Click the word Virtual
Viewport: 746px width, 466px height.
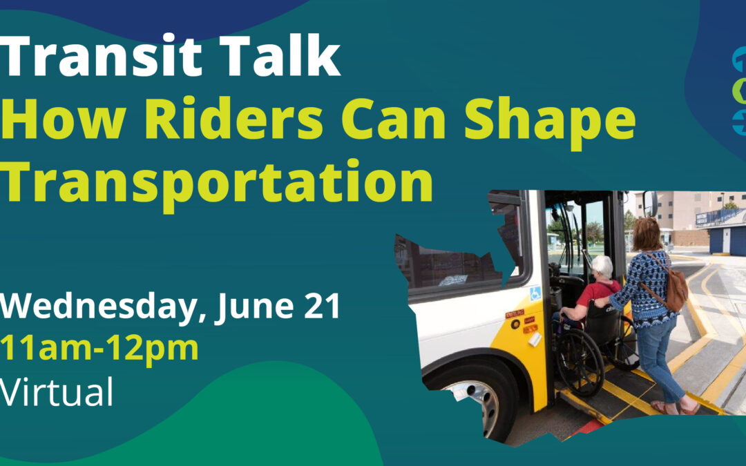tap(57, 391)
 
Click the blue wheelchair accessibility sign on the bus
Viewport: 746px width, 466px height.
tap(535, 293)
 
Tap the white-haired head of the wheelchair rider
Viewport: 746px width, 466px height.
tap(602, 268)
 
